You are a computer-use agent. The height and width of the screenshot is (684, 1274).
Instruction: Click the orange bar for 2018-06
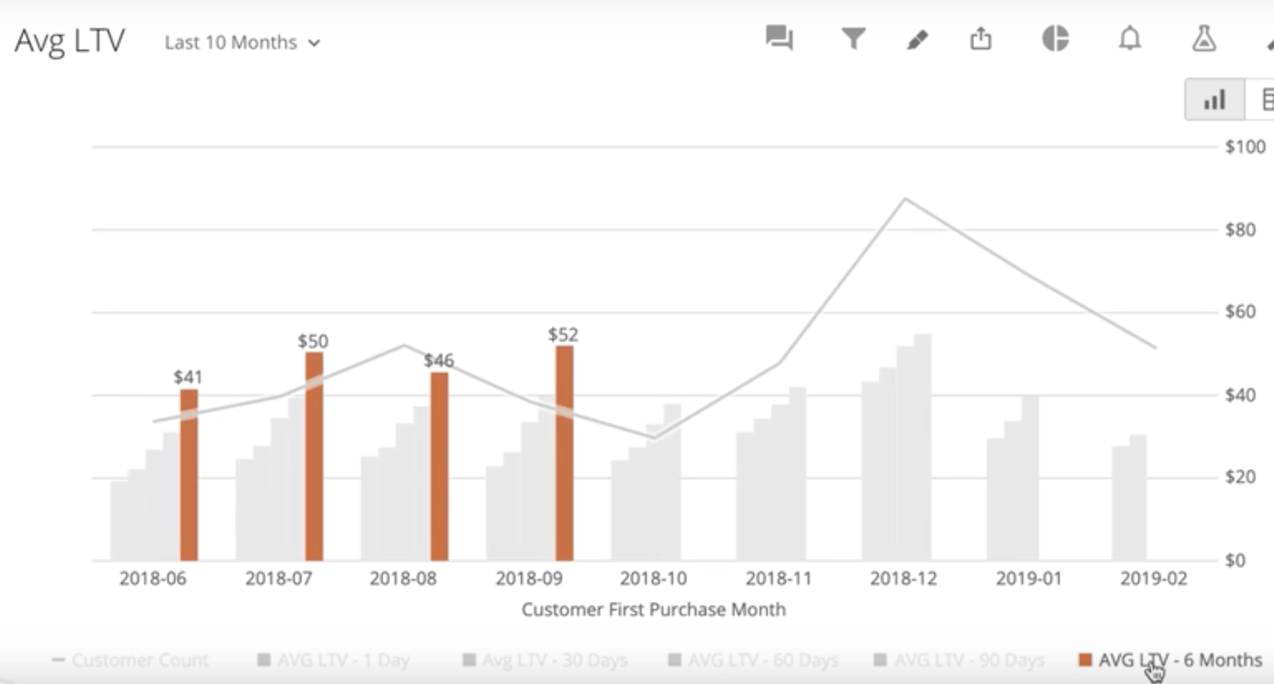[189, 475]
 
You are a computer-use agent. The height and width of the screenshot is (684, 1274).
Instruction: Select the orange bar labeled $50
[314, 455]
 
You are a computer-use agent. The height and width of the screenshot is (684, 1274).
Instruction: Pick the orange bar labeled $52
[565, 453]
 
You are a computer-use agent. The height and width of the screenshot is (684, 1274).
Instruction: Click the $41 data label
[188, 378]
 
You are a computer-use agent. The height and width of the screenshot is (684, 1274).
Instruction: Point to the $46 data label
[439, 360]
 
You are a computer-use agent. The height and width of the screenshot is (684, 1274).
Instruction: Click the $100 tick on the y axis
[1245, 147]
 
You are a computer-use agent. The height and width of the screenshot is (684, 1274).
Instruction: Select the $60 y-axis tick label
[1240, 312]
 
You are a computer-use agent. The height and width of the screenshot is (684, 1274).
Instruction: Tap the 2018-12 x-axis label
[903, 579]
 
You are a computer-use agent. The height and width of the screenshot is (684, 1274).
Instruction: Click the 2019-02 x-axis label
[1154, 579]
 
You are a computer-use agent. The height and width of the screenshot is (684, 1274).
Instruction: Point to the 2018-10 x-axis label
[653, 579]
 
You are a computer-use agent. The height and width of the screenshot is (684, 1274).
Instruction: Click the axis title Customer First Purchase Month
[653, 609]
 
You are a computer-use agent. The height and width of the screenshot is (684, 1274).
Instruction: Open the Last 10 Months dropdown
[242, 43]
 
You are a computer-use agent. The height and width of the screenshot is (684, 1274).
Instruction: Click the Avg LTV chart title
[70, 41]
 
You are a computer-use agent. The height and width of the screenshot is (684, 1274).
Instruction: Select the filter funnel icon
[853, 39]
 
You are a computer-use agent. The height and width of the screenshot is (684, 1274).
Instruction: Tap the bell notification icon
[1130, 39]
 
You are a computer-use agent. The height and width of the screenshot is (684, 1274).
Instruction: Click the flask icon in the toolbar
[1204, 39]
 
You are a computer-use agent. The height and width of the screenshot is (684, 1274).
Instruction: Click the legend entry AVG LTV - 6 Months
[1180, 660]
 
